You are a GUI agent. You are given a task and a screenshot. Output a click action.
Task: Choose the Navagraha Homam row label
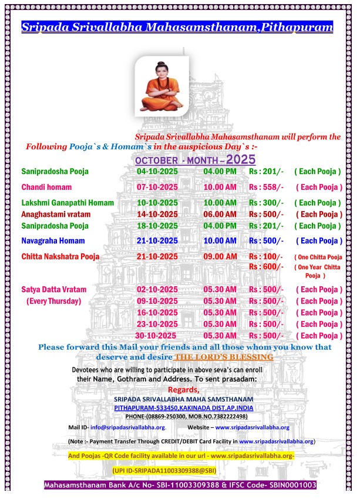point(55,241)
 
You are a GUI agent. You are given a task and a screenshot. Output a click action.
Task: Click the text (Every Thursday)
point(53,301)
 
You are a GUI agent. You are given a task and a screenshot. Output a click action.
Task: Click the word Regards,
point(184,390)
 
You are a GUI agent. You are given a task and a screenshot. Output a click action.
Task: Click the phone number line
point(184,416)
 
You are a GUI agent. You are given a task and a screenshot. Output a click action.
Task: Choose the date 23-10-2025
point(157,324)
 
